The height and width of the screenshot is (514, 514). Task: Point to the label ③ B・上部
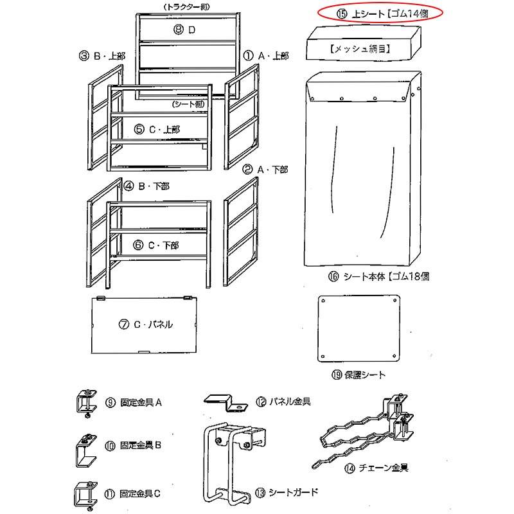click(102, 56)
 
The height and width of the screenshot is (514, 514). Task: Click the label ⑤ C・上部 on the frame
click(157, 129)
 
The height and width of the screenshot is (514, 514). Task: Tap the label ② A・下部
click(265, 170)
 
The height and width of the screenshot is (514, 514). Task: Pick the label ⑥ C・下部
click(157, 245)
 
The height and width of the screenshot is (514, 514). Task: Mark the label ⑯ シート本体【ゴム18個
click(378, 277)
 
